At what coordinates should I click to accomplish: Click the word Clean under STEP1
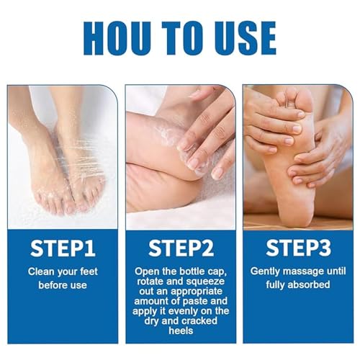42,271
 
